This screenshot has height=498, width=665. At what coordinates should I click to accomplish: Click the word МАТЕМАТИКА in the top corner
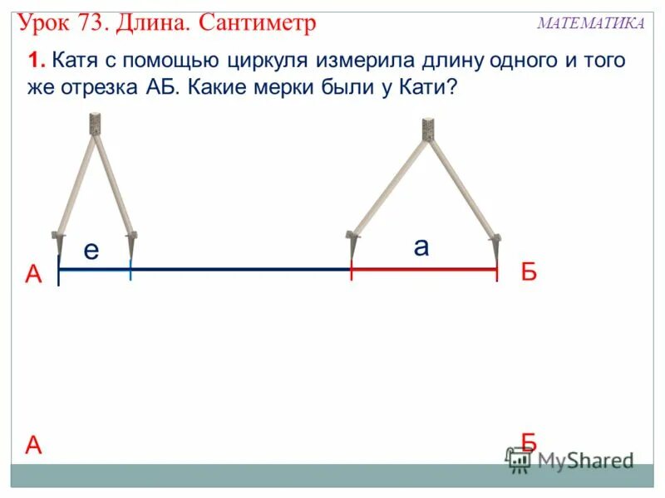tap(591, 23)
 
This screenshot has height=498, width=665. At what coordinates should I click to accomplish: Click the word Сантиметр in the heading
tap(258, 22)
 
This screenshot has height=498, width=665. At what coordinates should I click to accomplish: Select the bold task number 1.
tap(35, 61)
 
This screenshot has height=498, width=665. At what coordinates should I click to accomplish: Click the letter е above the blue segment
tap(91, 251)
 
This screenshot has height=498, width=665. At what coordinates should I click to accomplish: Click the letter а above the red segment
tap(421, 247)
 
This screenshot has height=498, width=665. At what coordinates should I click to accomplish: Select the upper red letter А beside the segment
tap(33, 275)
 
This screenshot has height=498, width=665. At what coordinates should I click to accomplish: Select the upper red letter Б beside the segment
tap(530, 272)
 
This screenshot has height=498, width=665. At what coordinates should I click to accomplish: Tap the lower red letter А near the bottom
tap(33, 446)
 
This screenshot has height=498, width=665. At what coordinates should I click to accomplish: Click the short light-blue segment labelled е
tap(95, 269)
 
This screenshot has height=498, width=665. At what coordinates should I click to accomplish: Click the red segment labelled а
tap(424, 269)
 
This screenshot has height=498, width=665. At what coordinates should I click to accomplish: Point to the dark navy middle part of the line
tap(241, 269)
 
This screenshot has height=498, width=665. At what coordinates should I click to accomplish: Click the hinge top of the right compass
tap(428, 129)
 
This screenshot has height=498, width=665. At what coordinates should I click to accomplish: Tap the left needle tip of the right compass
tap(352, 253)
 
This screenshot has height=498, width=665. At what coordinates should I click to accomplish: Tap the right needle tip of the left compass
tap(131, 253)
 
